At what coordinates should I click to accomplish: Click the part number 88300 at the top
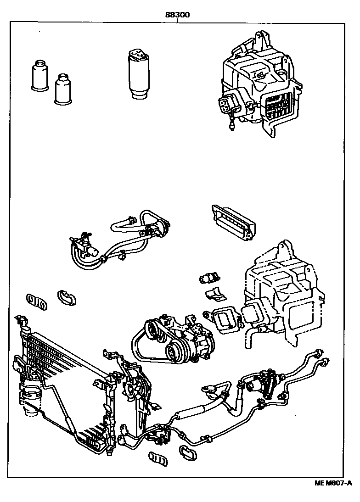coord(178,14)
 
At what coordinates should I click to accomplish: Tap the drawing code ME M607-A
coord(333,483)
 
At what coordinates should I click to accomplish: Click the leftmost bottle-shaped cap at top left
coord(38,75)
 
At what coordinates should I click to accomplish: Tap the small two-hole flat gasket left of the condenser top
coord(36,301)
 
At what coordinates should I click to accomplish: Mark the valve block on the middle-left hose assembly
coord(85,245)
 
